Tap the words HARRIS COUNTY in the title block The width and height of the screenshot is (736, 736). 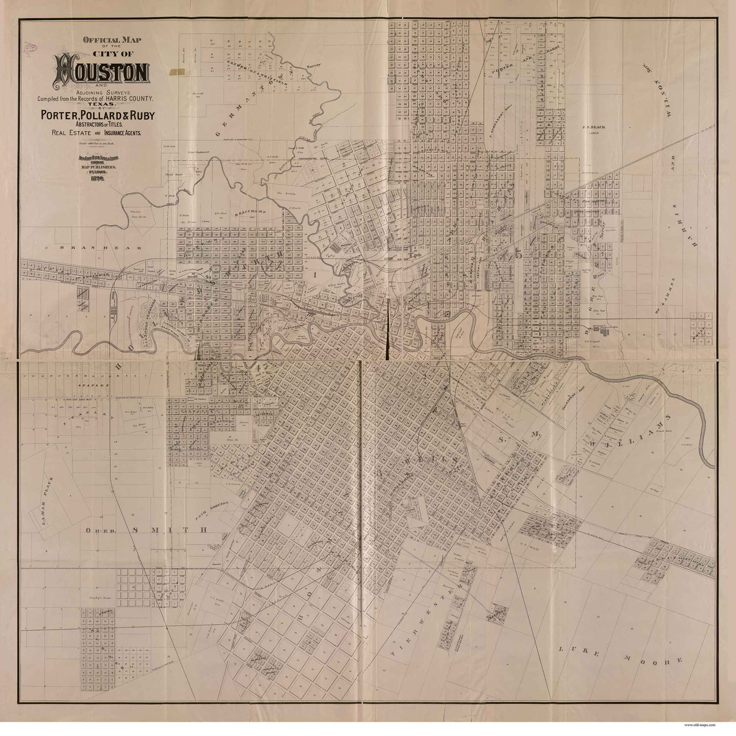click(127, 99)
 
